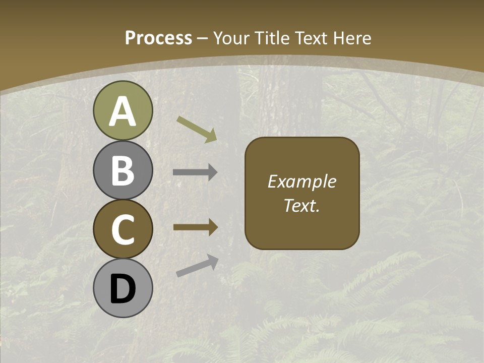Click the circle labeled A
[123, 111]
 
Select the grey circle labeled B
[123, 170]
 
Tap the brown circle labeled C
[123, 229]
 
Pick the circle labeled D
[123, 288]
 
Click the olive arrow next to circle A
[197, 128]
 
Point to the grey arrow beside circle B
[195, 172]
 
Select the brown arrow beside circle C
[195, 227]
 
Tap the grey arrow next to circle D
[197, 266]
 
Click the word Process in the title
[158, 38]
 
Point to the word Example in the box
[301, 182]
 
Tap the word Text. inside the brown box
[301, 205]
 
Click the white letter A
[123, 112]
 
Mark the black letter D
[123, 289]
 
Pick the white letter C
[123, 230]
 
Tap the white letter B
[123, 171]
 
